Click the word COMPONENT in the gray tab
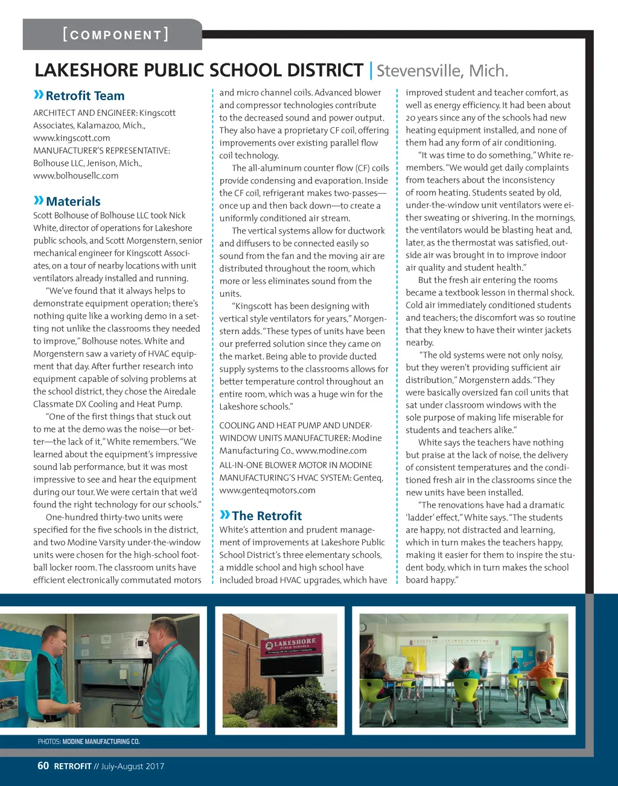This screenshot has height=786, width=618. [115, 35]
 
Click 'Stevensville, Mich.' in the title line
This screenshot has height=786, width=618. [442, 71]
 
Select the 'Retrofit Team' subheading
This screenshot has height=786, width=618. [85, 96]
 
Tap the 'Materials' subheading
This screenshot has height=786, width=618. [73, 201]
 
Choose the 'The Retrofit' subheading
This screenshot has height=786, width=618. [267, 516]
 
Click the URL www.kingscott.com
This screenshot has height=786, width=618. [72, 138]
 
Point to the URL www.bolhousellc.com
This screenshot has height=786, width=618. [76, 176]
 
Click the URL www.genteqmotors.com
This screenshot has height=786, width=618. [267, 490]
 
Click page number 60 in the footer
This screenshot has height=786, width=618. [43, 766]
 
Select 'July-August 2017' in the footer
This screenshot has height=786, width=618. [133, 766]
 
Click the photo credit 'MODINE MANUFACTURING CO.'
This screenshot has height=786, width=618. [101, 741]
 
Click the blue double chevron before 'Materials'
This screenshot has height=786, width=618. [39, 200]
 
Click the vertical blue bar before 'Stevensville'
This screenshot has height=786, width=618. [370, 71]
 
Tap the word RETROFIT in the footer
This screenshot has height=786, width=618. [73, 767]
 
